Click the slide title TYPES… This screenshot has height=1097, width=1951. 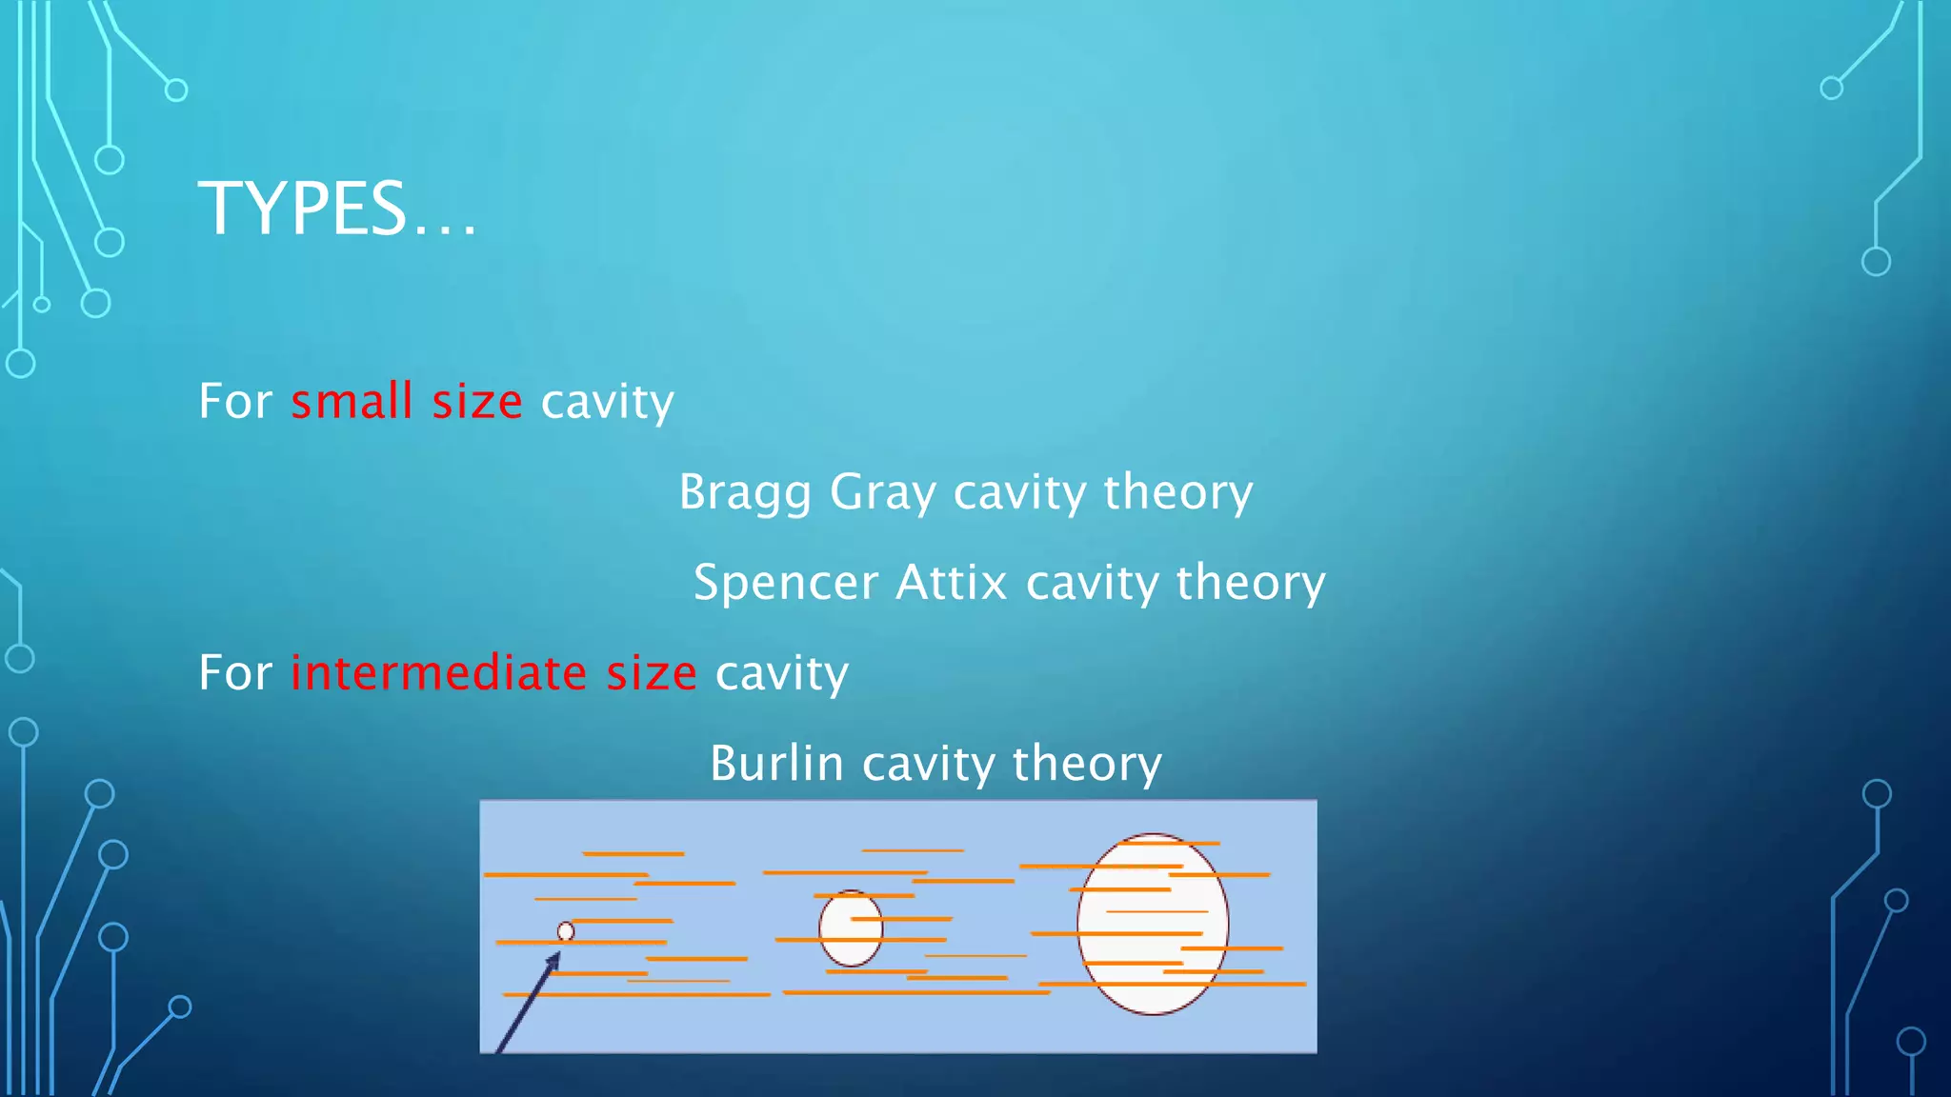[x=336, y=209]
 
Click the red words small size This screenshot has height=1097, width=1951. [x=406, y=401]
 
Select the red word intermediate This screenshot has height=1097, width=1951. [x=438, y=672]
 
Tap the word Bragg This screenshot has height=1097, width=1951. [x=745, y=492]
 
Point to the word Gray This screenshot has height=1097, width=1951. [x=883, y=492]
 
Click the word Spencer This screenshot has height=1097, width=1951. [x=784, y=583]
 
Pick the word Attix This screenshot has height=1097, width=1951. [x=951, y=583]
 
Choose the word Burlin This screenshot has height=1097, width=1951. [x=776, y=764]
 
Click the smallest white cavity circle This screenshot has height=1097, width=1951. [x=566, y=931]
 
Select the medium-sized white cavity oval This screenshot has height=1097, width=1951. [x=851, y=928]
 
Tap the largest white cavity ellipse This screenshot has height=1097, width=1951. [x=1153, y=924]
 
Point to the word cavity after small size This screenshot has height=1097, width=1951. [x=608, y=401]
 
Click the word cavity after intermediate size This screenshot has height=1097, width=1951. [x=781, y=672]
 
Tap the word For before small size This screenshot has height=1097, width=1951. [x=235, y=401]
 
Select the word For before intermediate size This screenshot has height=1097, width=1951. [x=235, y=672]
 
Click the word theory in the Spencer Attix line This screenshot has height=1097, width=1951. [x=1251, y=583]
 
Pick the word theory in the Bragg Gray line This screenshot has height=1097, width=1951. [x=1178, y=492]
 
